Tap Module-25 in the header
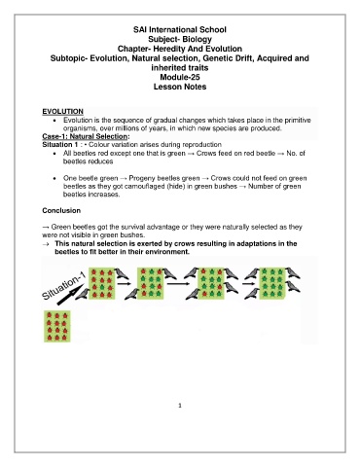coord(180,77)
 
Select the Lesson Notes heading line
coord(180,87)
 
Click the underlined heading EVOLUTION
coord(62,112)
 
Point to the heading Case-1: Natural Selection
coord(86,136)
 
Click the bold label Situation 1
coord(60,145)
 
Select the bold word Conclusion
coord(61,210)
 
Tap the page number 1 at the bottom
coord(180,406)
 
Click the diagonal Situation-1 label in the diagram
coord(63,286)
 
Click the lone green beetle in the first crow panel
coord(102,287)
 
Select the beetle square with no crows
coord(57,326)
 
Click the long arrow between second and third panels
coord(178,284)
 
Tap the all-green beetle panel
coord(272,283)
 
